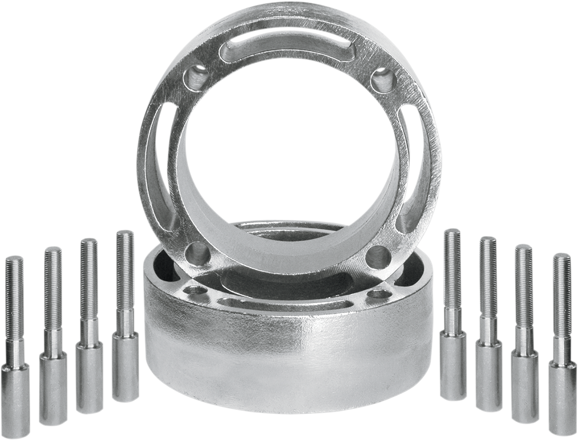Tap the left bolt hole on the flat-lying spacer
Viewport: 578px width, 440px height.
[195, 290]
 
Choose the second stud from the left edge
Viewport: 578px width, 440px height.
[53, 337]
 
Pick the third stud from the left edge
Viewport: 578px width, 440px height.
[89, 328]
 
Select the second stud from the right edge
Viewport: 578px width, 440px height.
[525, 337]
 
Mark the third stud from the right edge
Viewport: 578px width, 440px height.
[488, 328]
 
